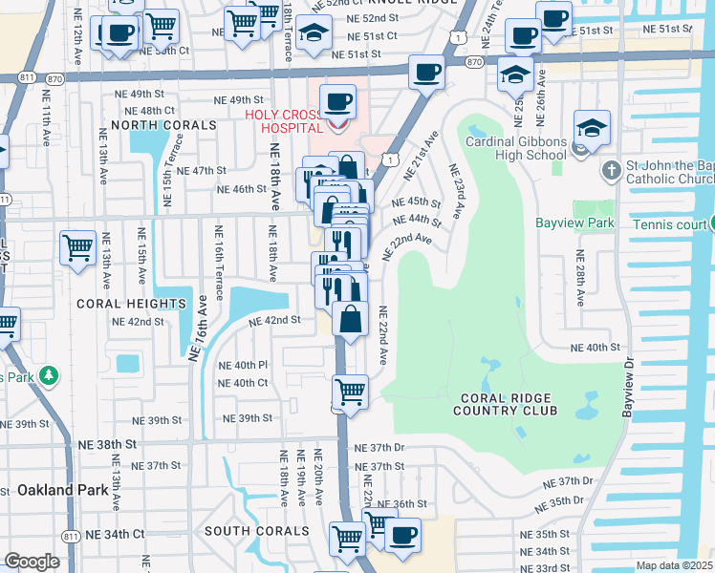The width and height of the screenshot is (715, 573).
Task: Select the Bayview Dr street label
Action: coord(628,387)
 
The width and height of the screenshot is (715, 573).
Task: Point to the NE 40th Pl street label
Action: coord(243,365)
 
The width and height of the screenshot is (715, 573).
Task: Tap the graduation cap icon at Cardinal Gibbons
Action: coord(592,127)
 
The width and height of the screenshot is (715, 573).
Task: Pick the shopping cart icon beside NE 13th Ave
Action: coord(78,247)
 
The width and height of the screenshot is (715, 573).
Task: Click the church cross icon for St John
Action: coord(612,170)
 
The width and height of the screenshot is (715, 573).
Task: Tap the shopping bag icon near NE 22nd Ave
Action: coord(351,318)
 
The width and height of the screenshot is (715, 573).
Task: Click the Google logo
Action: coord(32,562)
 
